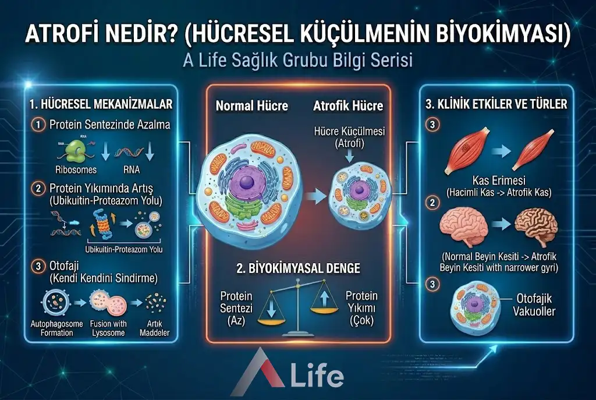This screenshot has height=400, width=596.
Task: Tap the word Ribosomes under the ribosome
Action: (x=76, y=171)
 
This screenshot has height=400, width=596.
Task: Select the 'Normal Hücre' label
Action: (x=251, y=107)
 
